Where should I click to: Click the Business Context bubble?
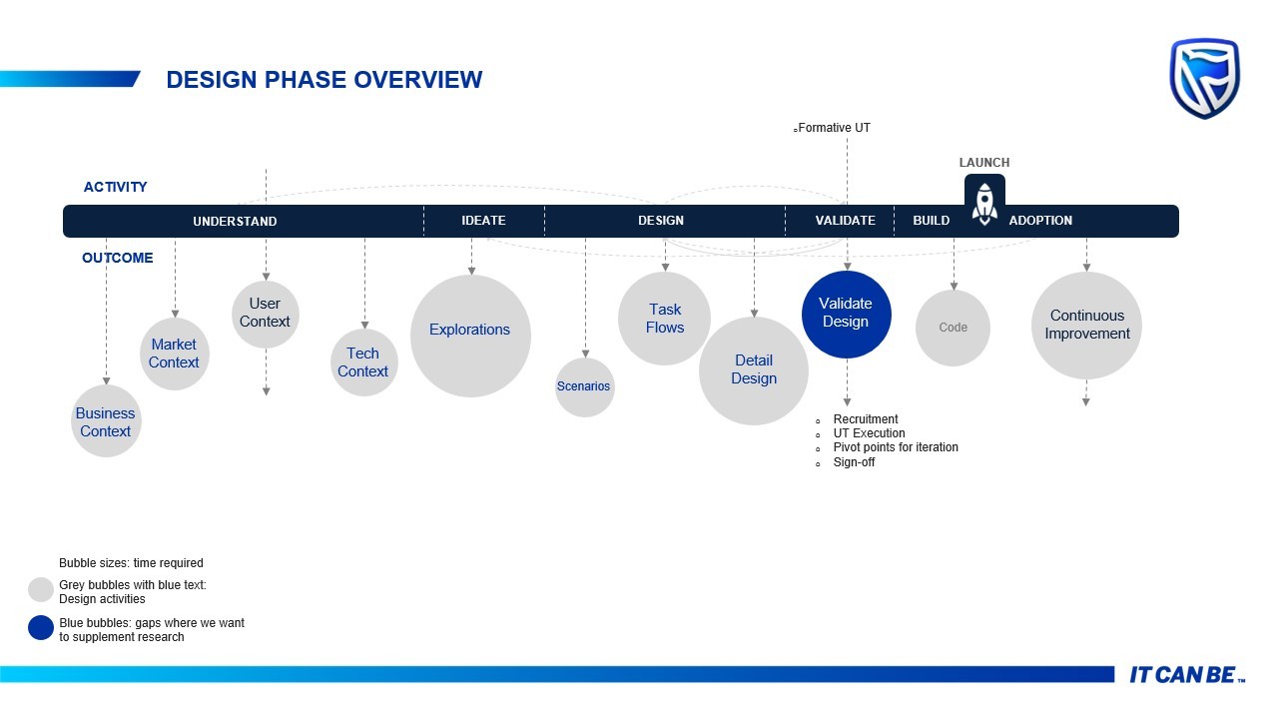[106, 421]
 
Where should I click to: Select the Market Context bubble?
[175, 354]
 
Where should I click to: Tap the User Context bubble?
[266, 314]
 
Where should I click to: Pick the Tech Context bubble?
[364, 362]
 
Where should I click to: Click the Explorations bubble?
[470, 337]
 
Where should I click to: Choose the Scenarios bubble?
[585, 386]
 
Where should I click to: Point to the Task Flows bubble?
[665, 319]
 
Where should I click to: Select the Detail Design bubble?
[754, 370]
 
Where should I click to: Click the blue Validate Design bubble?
[846, 315]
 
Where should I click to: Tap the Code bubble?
[953, 328]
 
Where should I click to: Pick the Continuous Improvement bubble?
[1087, 326]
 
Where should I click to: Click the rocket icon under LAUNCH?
[984, 205]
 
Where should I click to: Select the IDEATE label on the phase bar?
[483, 221]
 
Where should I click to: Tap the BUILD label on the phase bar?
[932, 221]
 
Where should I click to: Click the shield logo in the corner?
[1204, 79]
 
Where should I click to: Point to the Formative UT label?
[834, 128]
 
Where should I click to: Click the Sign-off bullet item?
[854, 462]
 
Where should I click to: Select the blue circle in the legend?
[41, 628]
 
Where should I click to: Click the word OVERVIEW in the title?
[418, 79]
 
